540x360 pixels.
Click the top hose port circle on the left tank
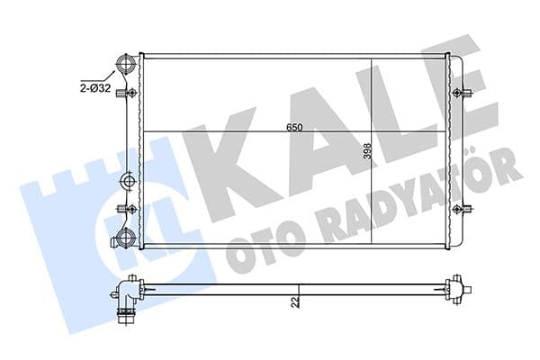127,66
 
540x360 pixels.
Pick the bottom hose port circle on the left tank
127,238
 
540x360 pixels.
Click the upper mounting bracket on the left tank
131,93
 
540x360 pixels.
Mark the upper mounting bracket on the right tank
462,93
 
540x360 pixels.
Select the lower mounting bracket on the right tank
462,210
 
